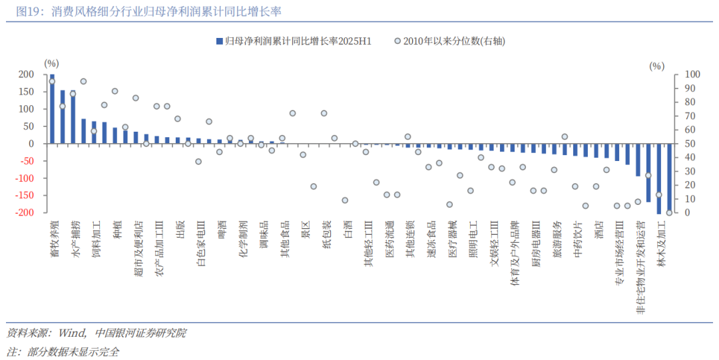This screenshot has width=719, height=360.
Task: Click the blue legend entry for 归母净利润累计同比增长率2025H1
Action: (293, 41)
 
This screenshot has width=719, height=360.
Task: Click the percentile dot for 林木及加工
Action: (669, 212)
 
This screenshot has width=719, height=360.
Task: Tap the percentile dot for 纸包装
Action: (324, 113)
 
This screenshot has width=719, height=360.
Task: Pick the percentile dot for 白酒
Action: (345, 200)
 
